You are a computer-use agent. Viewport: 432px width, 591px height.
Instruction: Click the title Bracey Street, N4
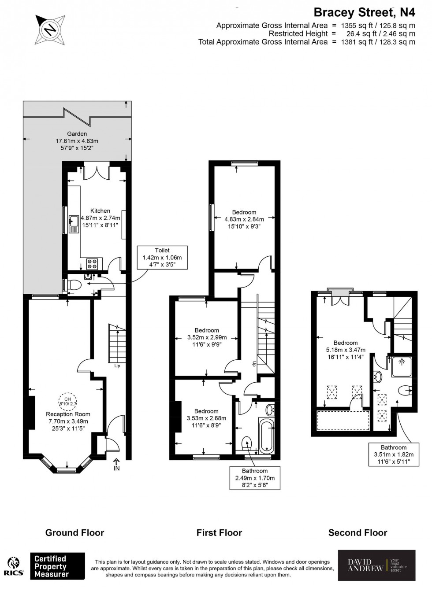click(x=364, y=12)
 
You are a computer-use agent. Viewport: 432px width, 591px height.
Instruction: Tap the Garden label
click(x=77, y=134)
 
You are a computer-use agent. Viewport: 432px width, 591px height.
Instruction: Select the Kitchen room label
click(x=100, y=211)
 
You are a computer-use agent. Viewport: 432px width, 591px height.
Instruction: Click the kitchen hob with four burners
click(x=93, y=264)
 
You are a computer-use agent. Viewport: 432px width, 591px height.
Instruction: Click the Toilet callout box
click(x=162, y=257)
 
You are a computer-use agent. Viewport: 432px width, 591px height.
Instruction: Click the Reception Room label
click(x=68, y=414)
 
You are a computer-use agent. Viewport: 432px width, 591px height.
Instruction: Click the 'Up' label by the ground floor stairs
click(x=117, y=366)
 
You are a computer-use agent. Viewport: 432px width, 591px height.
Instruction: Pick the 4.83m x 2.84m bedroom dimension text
click(x=244, y=219)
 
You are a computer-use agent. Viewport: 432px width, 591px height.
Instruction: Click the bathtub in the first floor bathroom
click(x=267, y=436)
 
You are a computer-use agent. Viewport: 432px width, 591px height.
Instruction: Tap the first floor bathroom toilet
click(x=247, y=443)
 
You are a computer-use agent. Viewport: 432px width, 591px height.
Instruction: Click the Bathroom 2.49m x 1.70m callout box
click(x=254, y=478)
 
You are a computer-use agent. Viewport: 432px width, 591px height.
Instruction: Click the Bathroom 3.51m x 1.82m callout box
click(x=394, y=454)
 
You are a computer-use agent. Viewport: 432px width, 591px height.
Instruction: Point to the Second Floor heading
click(x=358, y=533)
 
